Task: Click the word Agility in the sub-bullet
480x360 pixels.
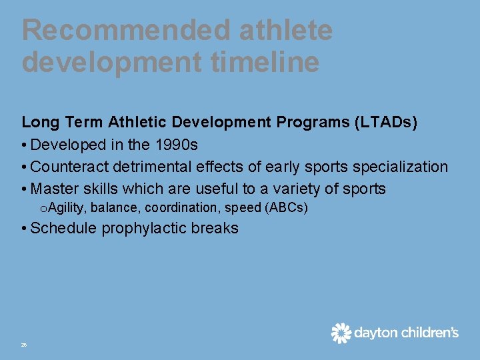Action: (x=68, y=208)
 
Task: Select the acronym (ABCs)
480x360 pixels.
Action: (x=286, y=208)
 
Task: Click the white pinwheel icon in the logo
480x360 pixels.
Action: (x=341, y=333)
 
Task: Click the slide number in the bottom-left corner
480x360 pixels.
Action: (x=24, y=345)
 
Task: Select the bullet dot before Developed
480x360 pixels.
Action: (x=24, y=145)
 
